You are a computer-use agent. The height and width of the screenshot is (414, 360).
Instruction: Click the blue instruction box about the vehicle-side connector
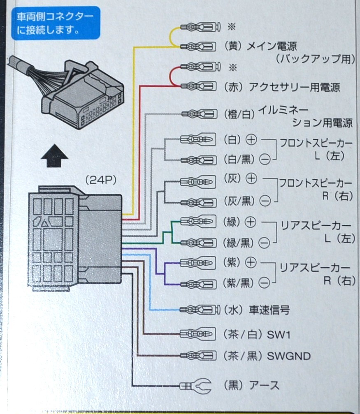pos(56,23)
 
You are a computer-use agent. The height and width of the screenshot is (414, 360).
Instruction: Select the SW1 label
pos(279,335)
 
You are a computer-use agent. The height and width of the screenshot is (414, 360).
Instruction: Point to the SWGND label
pos(288,356)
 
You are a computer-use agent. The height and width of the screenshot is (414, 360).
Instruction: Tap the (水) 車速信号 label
pos(257,310)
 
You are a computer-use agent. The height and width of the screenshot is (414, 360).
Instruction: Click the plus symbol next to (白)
pos(251,140)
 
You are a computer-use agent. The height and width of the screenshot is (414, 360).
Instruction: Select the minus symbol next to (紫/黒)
pos(265,283)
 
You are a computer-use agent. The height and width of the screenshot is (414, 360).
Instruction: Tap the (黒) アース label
pos(251,386)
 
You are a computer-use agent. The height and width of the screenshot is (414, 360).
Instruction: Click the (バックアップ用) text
pos(315,58)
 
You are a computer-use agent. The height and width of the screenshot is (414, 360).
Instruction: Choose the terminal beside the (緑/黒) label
pos(198,243)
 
